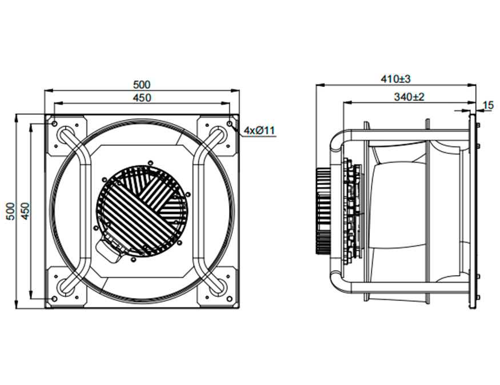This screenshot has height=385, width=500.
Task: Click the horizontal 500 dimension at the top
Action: (141, 85)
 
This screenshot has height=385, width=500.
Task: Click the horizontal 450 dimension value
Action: (141, 97)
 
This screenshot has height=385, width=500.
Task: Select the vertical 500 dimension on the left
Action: (10, 211)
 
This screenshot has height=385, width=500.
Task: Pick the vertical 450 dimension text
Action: (26, 211)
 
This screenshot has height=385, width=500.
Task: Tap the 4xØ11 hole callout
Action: (259, 130)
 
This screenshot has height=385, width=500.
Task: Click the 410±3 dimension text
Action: (396, 79)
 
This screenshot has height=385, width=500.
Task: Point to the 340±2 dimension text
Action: (409, 97)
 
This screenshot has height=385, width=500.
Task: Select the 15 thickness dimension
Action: (489, 105)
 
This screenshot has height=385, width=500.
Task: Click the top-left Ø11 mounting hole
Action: (54, 123)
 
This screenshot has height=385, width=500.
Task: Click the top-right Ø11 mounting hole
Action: (230, 123)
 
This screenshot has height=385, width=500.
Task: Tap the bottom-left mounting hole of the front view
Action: (54, 299)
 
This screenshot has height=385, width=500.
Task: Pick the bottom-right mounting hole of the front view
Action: (230, 299)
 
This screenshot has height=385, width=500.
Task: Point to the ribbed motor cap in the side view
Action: (323, 211)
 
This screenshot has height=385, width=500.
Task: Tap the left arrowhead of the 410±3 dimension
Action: (319, 85)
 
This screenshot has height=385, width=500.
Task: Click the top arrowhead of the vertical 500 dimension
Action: (16, 118)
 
